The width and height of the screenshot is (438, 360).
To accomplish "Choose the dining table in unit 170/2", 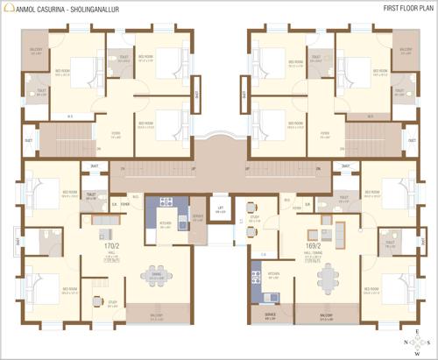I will (x=158, y=274).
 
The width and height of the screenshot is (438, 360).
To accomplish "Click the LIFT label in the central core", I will (x=221, y=208).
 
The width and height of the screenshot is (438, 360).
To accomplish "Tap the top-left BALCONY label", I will (x=37, y=50).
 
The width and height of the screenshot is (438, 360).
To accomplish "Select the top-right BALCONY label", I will (x=405, y=50).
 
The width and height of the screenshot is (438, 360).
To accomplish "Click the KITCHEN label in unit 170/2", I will (x=165, y=223).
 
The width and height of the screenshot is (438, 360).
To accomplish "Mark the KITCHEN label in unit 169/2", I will (x=273, y=272).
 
